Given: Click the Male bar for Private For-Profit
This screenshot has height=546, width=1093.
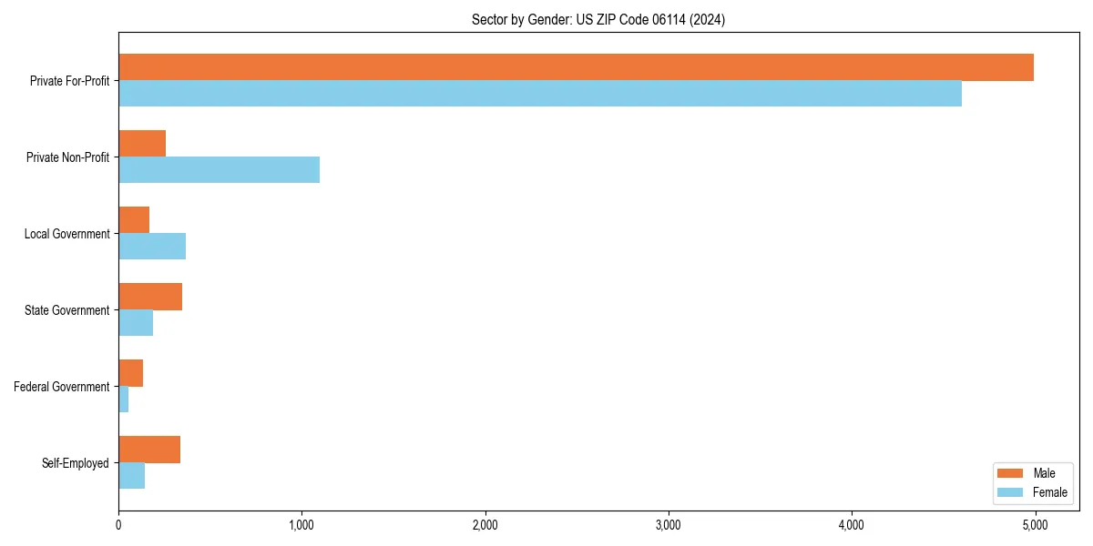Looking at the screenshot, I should (576, 67).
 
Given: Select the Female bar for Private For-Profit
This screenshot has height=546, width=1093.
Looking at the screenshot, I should (540, 94).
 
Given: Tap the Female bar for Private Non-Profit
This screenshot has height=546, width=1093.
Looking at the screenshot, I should (219, 170).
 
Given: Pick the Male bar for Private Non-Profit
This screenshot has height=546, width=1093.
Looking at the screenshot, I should (142, 144).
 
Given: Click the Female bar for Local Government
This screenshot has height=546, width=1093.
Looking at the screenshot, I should (152, 247).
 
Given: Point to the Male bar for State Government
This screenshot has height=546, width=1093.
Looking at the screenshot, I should (150, 297).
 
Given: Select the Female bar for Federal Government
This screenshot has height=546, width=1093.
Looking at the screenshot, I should (124, 399).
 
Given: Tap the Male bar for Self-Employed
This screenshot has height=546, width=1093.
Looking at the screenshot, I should (149, 450).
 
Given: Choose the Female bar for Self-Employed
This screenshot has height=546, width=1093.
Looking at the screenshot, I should (132, 476).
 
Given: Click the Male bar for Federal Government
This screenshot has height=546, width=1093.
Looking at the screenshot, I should (131, 373).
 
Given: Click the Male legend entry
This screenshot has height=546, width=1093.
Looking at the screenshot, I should (1031, 473).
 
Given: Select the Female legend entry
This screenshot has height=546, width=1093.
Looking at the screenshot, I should (1031, 492).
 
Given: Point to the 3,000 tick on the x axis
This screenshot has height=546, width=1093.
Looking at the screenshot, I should (669, 525).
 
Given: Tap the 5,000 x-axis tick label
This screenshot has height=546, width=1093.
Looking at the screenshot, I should (1035, 525).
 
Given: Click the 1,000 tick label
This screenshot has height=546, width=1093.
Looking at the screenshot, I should (301, 525).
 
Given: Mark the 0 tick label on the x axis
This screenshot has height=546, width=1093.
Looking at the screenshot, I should (118, 525).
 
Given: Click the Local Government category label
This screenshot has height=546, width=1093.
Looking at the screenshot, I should (66, 234).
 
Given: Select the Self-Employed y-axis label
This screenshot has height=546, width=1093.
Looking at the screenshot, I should (76, 463).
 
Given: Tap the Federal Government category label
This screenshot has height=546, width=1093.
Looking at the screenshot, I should (62, 387).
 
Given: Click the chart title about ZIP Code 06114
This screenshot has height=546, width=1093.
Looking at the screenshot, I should (598, 19).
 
